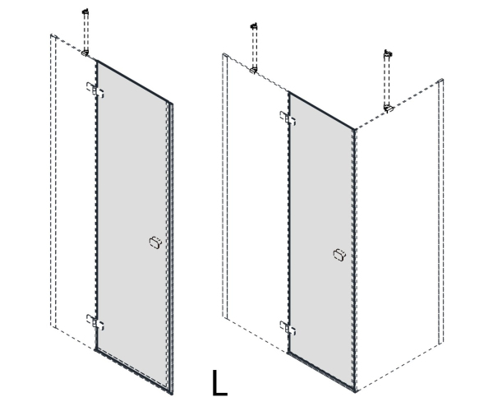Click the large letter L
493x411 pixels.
pyautogui.click(x=219, y=383)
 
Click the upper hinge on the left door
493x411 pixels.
pyautogui.click(x=95, y=90)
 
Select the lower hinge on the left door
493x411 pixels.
pyautogui.click(x=95, y=322)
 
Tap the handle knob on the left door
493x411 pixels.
pyautogui.click(x=155, y=242)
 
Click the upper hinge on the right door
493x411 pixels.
pyautogui.click(x=288, y=118)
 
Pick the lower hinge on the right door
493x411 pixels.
pyautogui.click(x=288, y=328)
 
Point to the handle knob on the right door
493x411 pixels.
pyautogui.click(x=339, y=254)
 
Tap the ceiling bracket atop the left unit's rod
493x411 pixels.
pyautogui.click(x=85, y=12)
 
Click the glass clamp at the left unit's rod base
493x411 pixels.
pyautogui.click(x=85, y=53)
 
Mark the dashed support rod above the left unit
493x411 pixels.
pyautogui.click(x=85, y=32)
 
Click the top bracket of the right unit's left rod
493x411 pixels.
pyautogui.click(x=254, y=26)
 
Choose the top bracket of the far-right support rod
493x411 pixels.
pyautogui.click(x=388, y=53)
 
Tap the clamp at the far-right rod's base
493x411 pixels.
pyautogui.click(x=389, y=109)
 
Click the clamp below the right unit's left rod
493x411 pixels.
pyautogui.click(x=254, y=71)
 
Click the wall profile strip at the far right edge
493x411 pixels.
pyautogui.click(x=440, y=211)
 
